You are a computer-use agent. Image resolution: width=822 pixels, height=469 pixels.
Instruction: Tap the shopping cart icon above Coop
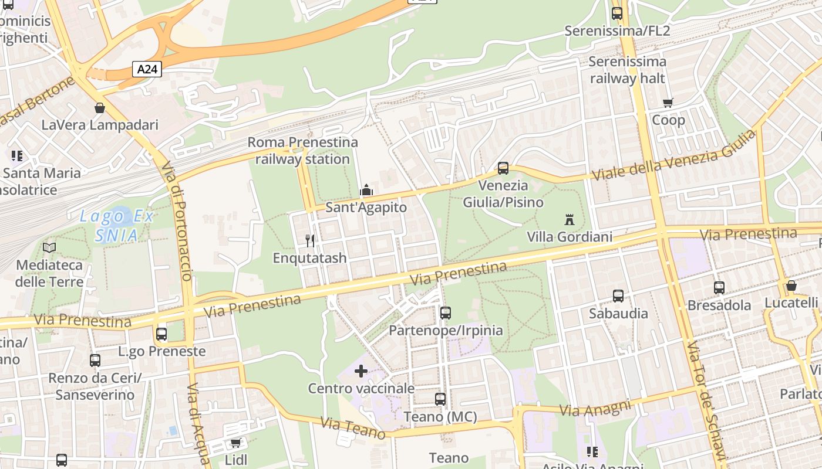click(668, 103)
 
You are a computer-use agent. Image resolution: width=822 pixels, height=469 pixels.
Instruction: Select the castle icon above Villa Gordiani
click(569, 220)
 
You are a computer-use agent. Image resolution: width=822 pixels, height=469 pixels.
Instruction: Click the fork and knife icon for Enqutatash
click(310, 240)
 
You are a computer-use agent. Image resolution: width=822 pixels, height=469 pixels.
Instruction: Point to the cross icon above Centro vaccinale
click(361, 371)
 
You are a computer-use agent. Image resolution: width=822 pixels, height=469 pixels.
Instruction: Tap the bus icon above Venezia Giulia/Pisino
click(503, 168)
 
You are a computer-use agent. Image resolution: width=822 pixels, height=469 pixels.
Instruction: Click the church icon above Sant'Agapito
click(366, 190)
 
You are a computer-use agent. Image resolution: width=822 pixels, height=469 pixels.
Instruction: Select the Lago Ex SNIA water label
click(117, 226)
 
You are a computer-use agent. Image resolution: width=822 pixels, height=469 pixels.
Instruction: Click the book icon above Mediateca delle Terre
click(49, 247)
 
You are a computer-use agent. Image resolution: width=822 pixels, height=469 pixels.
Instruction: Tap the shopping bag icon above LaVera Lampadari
click(100, 108)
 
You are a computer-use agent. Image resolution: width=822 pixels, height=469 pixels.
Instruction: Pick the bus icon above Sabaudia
click(618, 296)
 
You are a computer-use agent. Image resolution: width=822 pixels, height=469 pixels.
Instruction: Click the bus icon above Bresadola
click(719, 288)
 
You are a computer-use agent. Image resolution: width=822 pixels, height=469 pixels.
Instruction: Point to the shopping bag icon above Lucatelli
click(791, 286)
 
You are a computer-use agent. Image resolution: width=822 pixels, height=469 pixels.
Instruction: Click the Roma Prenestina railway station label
click(302, 151)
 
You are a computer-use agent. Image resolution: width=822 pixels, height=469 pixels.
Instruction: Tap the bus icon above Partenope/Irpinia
click(446, 313)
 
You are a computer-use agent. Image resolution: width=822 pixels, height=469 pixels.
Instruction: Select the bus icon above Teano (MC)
click(440, 399)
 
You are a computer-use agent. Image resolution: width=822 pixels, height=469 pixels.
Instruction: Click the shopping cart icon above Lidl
click(235, 443)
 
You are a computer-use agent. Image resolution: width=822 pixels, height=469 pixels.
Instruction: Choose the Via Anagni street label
click(595, 407)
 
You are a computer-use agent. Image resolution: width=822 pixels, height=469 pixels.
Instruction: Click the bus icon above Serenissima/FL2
click(617, 13)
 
